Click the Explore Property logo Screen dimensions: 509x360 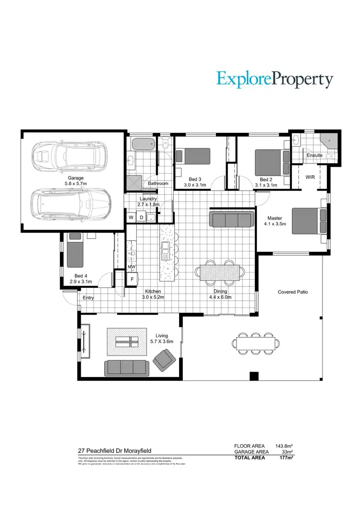(x=275, y=79)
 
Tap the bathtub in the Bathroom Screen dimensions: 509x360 (x=142, y=144)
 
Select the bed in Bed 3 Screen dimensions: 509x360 (x=193, y=156)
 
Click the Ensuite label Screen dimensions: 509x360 (x=314, y=155)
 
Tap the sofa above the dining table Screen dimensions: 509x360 (x=231, y=220)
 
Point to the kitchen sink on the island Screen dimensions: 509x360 (x=166, y=249)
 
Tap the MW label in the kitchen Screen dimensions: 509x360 (x=131, y=267)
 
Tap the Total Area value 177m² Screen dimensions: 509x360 (x=287, y=457)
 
